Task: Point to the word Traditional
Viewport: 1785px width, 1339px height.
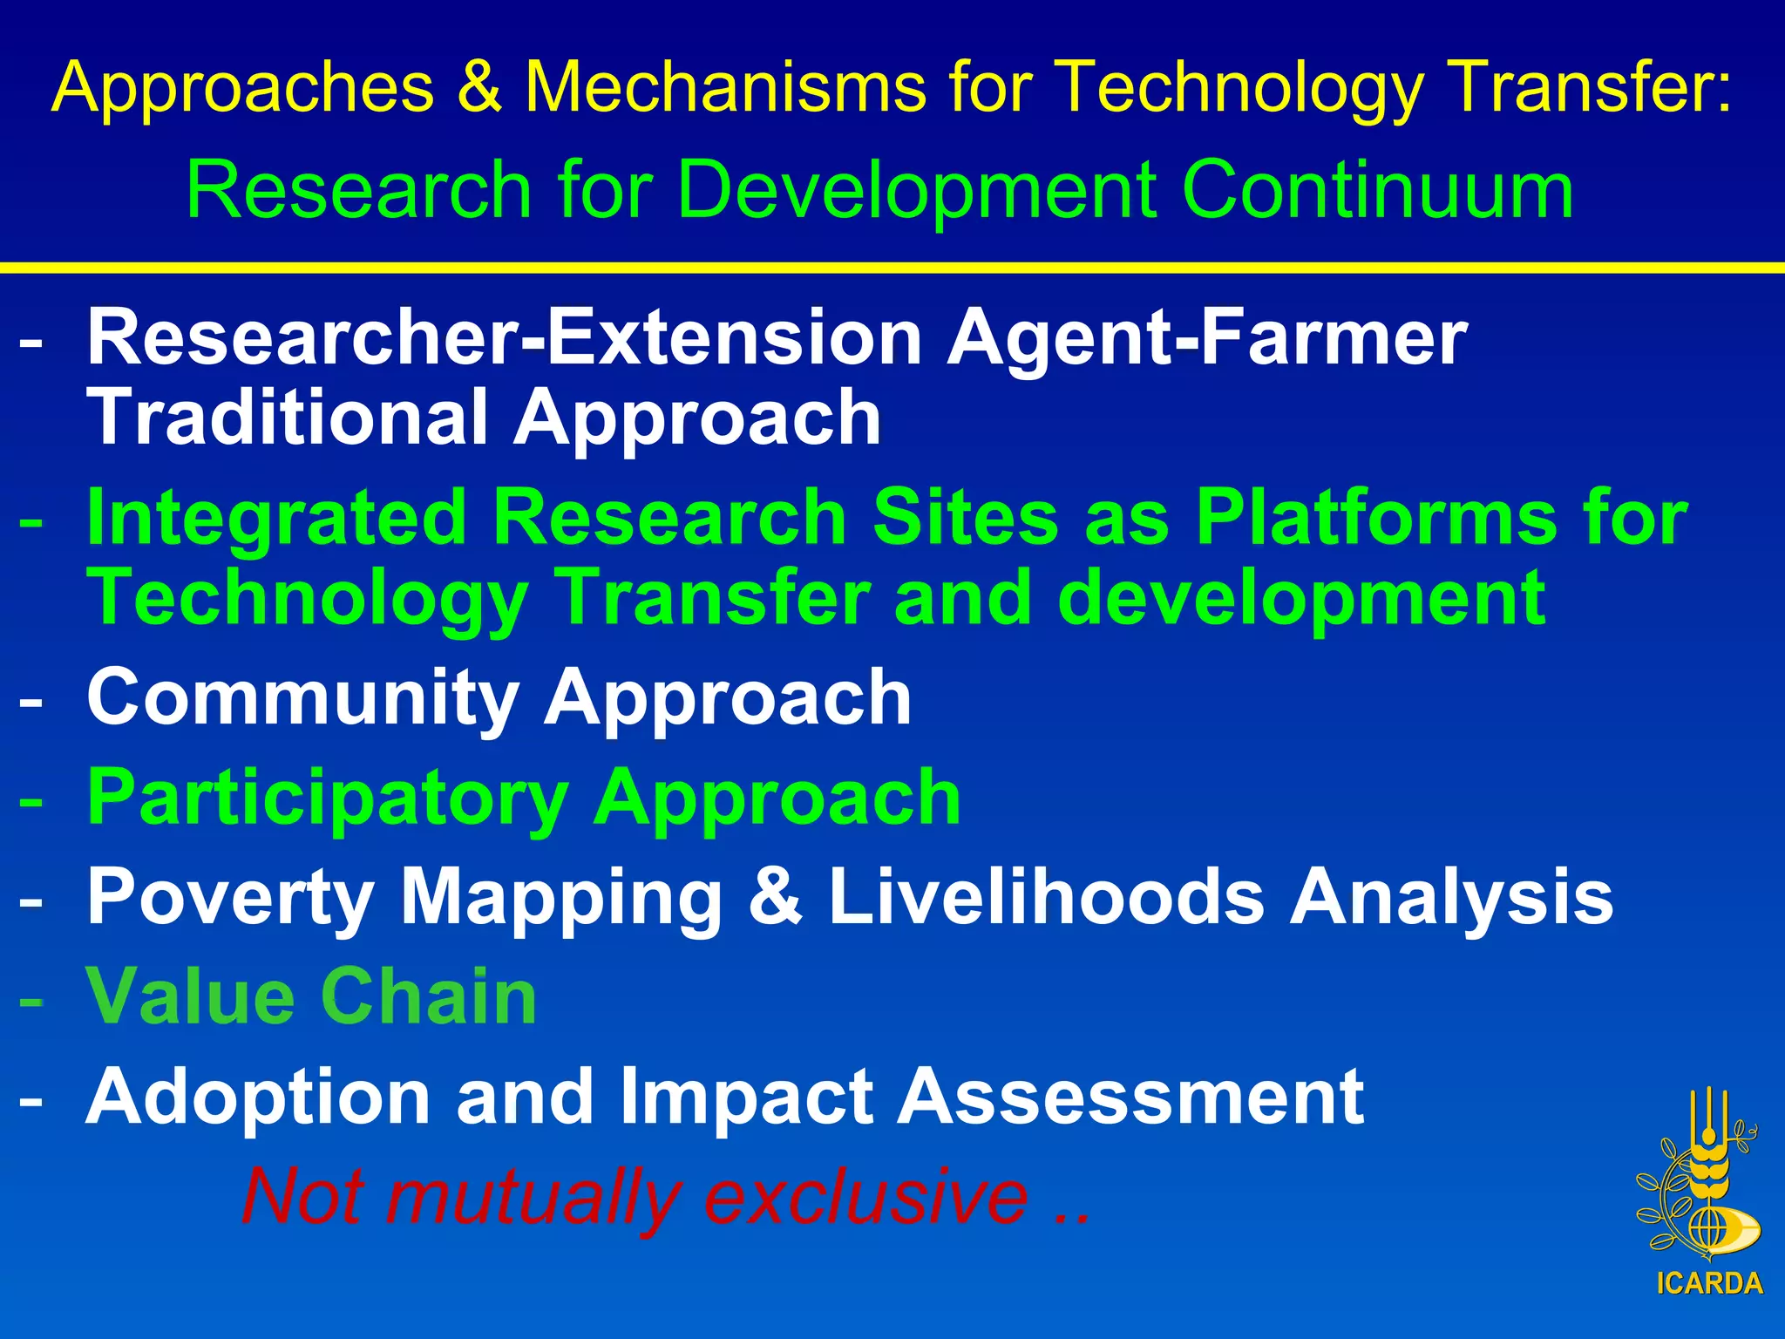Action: pos(288,418)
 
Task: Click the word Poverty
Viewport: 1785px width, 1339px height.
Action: pos(230,897)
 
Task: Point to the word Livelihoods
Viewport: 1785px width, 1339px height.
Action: pos(1046,897)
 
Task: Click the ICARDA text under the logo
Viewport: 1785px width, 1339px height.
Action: pos(1709,1284)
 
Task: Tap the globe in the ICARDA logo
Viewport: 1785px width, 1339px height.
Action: pos(1709,1230)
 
